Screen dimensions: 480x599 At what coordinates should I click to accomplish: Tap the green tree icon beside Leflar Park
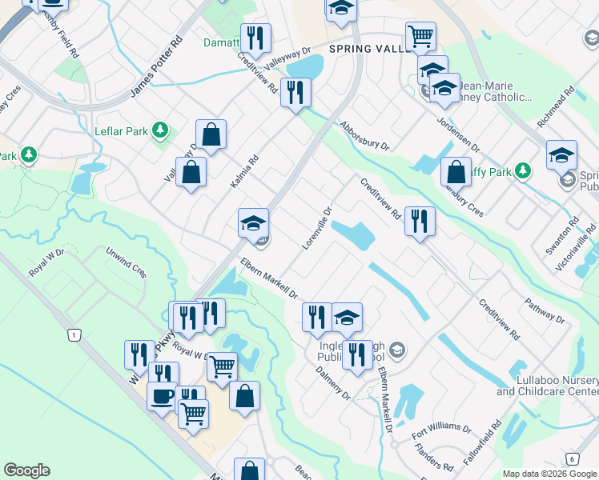[160, 129]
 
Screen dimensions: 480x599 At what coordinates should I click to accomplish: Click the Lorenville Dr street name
[317, 229]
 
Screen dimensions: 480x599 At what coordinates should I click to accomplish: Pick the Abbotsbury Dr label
[364, 136]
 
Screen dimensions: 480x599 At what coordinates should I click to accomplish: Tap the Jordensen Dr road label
[457, 135]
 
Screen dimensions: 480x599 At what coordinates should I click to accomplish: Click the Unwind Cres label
[126, 262]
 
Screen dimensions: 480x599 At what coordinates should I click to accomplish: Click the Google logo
[26, 470]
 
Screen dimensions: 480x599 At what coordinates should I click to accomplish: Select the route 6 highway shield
[571, 458]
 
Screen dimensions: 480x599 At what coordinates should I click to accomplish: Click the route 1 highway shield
[74, 335]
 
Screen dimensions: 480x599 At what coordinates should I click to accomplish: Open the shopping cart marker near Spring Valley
[420, 36]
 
